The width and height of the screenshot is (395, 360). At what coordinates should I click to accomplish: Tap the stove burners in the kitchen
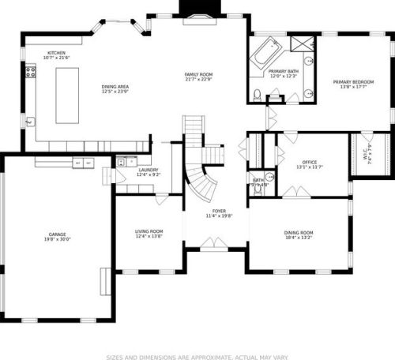(31, 73)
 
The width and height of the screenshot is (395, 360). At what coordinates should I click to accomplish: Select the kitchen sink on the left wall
(30, 122)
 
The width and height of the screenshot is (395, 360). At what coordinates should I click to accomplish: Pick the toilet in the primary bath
(258, 96)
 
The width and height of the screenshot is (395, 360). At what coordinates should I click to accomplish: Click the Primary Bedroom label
(353, 81)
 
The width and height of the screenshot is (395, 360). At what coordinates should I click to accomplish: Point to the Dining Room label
(298, 231)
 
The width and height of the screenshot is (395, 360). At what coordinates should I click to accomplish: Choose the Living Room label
(149, 231)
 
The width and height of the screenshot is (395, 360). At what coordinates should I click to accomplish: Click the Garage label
(57, 234)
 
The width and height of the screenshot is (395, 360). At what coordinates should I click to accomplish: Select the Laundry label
(149, 170)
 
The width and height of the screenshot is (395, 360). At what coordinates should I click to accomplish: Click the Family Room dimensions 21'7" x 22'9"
(198, 79)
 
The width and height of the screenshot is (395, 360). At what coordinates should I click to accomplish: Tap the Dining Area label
(115, 87)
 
